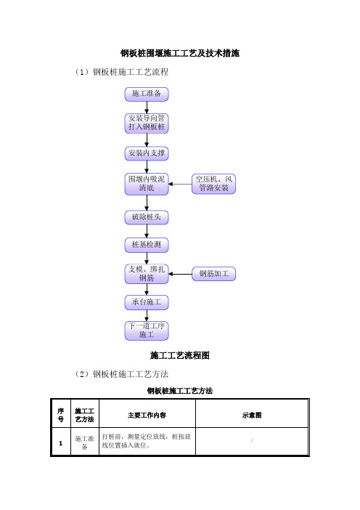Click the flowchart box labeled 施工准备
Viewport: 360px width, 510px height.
[x=147, y=94]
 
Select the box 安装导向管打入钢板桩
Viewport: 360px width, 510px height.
[x=147, y=123]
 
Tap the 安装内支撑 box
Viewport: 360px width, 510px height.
[x=147, y=153]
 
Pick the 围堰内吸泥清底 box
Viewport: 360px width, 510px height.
[x=147, y=184]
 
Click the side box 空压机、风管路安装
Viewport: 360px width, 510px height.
[x=213, y=184]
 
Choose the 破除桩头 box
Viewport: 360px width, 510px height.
[x=147, y=217]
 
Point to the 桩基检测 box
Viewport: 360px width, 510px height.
[x=147, y=245]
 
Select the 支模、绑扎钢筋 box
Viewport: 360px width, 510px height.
[x=147, y=274]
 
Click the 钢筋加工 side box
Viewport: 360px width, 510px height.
[x=213, y=274]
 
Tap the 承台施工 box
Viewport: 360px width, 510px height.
[x=147, y=302]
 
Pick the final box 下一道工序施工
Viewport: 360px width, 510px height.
[x=147, y=331]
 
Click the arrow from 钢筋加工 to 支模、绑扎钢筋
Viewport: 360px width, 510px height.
[x=180, y=274]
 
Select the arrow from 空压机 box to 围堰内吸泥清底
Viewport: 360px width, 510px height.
[x=180, y=184]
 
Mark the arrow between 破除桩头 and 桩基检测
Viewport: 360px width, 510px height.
[x=147, y=231]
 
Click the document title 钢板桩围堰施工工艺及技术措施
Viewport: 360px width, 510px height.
[x=180, y=53]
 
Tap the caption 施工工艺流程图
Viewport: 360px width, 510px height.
[x=180, y=355]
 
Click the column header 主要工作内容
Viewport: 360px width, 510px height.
[x=147, y=416]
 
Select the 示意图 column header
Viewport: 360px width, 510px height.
[x=252, y=416]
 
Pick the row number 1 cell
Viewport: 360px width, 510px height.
[x=61, y=443]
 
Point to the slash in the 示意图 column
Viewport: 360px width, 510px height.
[x=252, y=441]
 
